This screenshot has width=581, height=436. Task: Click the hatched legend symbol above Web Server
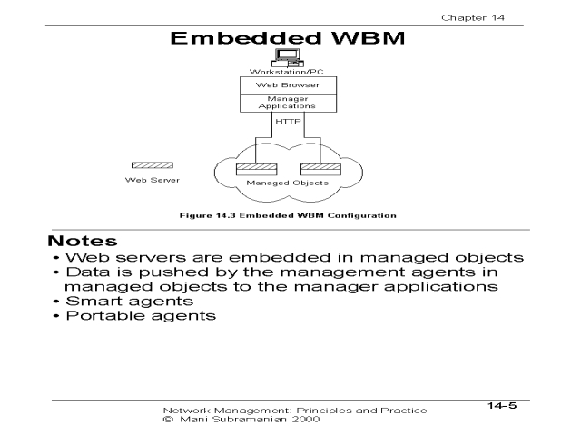pos(146,165)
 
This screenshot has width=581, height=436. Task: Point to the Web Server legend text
pos(146,180)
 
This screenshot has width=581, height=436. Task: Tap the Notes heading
pos(84,243)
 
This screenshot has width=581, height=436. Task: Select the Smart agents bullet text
pos(119,300)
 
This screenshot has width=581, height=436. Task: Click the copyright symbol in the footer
pos(165,421)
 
